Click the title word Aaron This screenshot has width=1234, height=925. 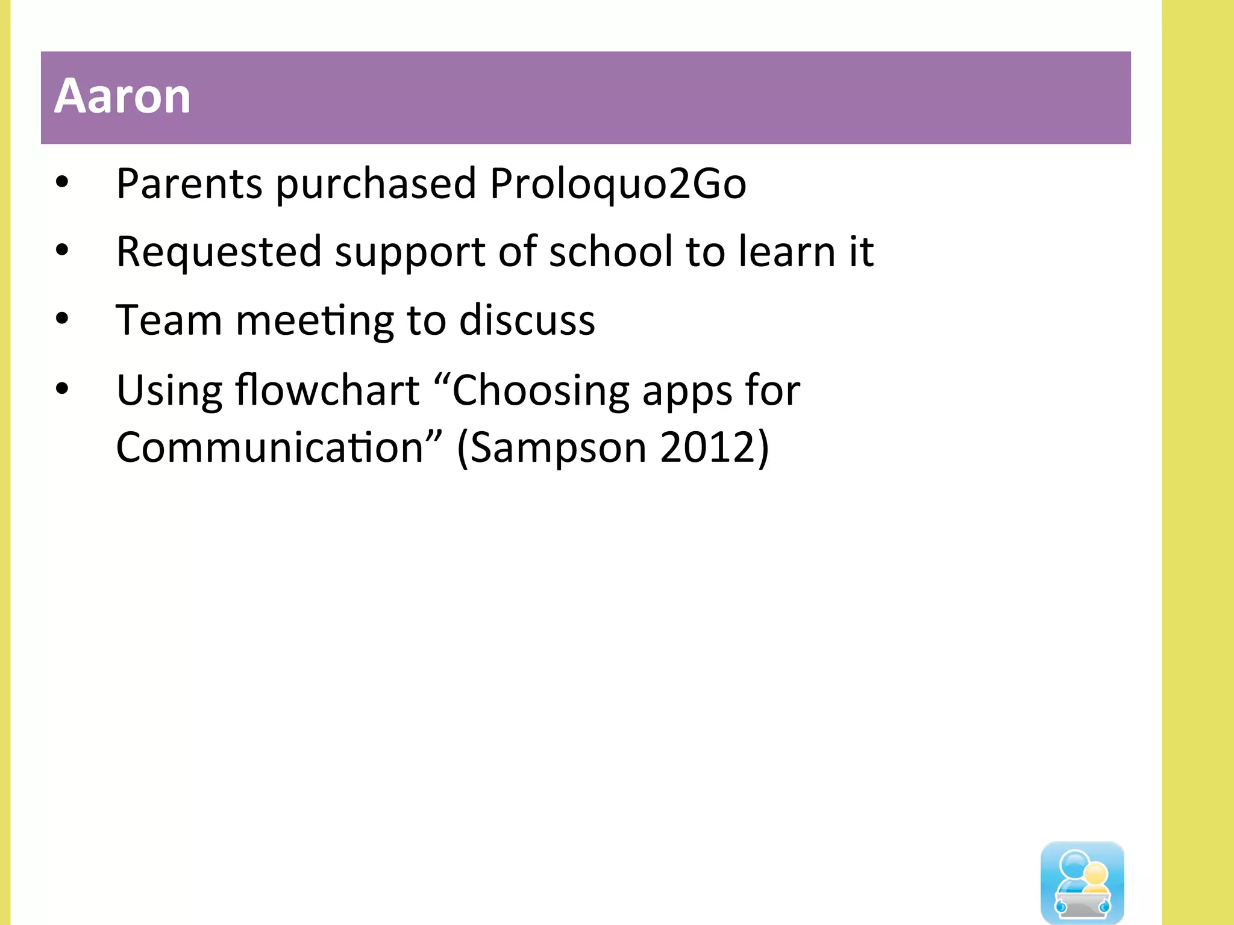[122, 96]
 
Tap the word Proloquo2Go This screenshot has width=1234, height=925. [618, 184]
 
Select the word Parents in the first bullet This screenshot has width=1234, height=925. [189, 184]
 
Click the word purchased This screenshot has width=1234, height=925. [377, 185]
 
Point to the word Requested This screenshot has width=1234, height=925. [219, 253]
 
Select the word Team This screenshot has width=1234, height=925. [169, 320]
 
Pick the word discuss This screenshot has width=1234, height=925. [527, 320]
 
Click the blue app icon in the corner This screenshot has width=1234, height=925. [1082, 882]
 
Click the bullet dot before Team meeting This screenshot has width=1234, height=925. [62, 319]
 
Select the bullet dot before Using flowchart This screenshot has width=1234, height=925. [62, 389]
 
